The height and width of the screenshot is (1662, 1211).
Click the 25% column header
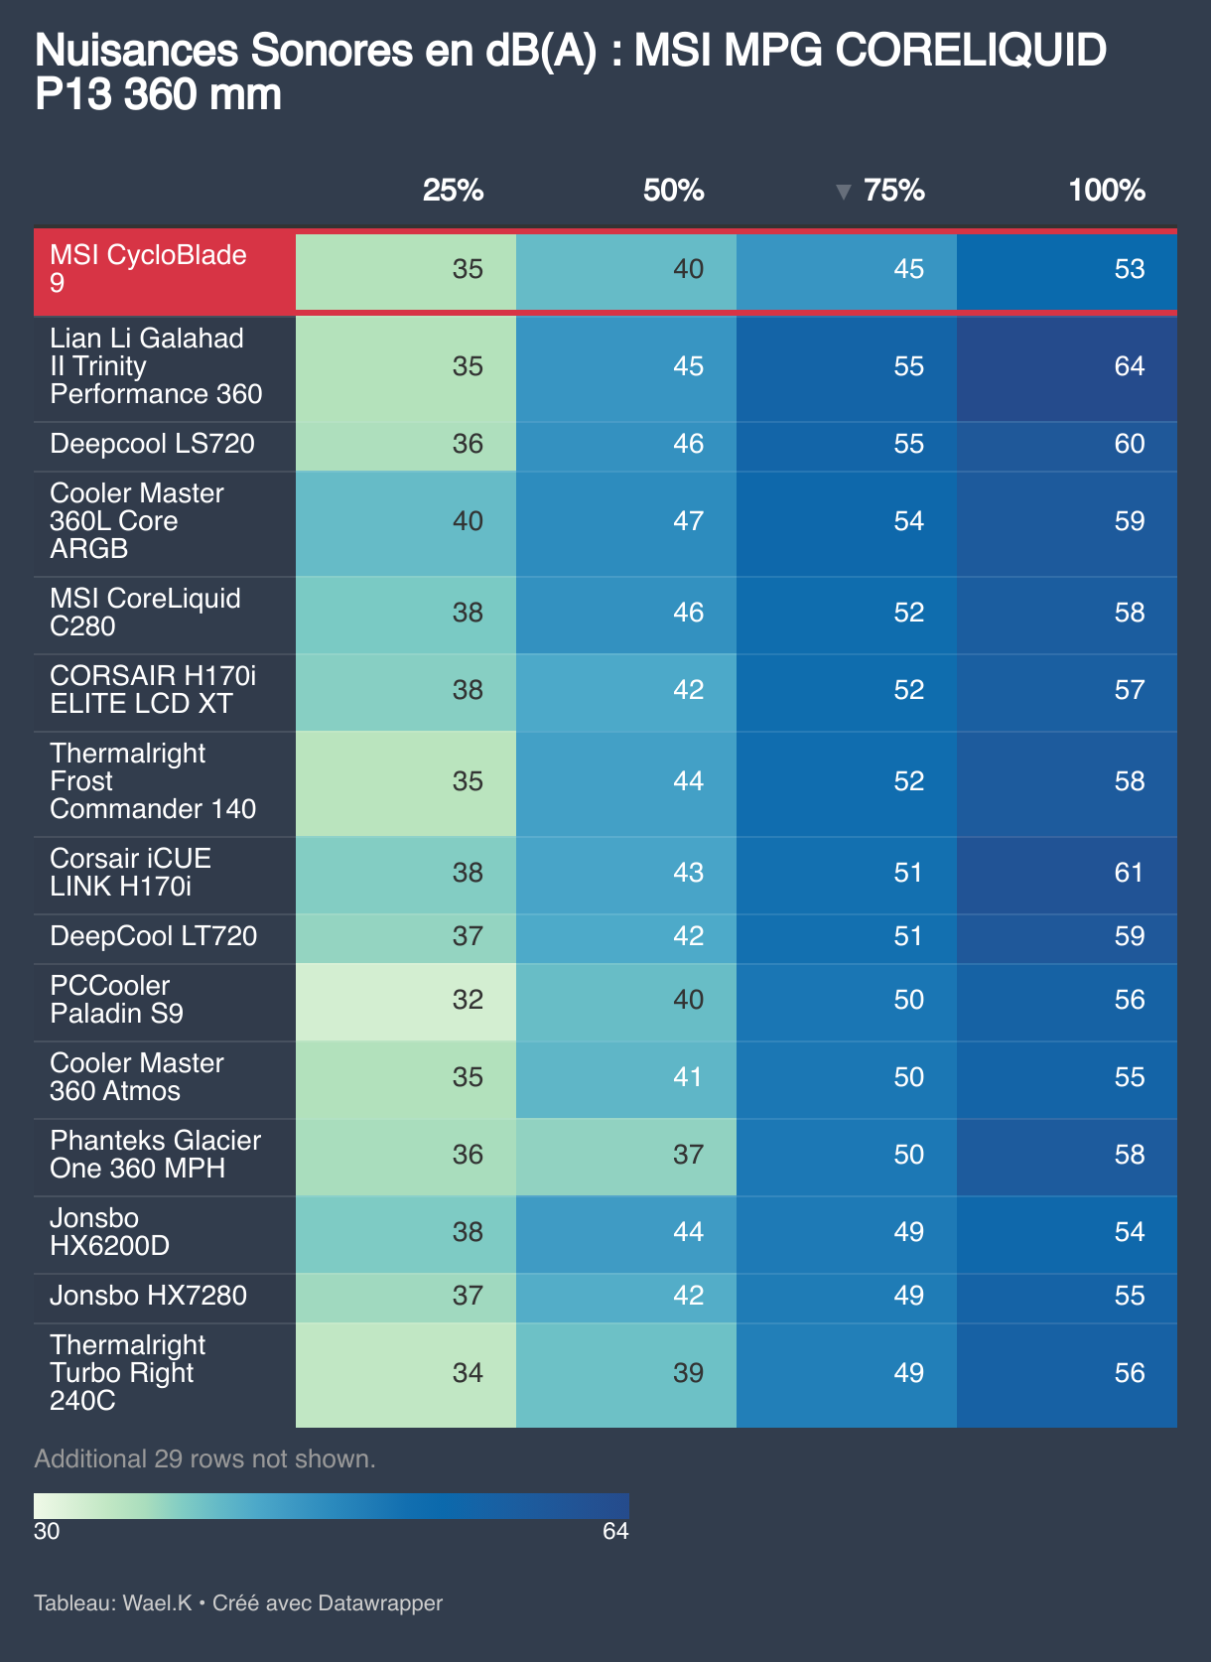coord(453,191)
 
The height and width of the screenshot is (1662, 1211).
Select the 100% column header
coord(1106,191)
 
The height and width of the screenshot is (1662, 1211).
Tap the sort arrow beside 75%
coord(844,192)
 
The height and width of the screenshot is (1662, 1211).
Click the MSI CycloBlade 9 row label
coord(149,269)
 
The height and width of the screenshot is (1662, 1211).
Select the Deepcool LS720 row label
coord(152,444)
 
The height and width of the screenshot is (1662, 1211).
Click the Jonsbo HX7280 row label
coord(148,1296)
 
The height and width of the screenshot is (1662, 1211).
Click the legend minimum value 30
coord(47,1531)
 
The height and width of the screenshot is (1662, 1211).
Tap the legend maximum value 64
coord(615,1531)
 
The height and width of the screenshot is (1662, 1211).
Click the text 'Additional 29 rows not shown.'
coord(204,1458)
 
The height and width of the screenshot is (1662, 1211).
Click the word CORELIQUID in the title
coord(970,51)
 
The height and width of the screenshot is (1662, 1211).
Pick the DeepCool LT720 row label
coord(153,936)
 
